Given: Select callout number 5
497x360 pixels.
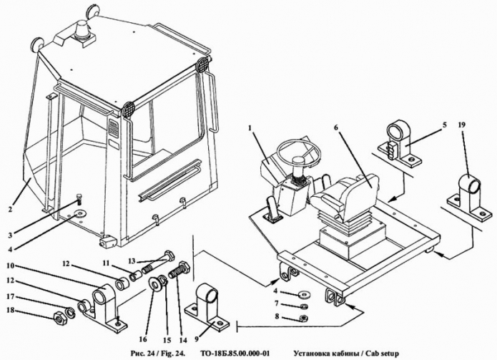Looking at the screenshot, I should tap(444, 125).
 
